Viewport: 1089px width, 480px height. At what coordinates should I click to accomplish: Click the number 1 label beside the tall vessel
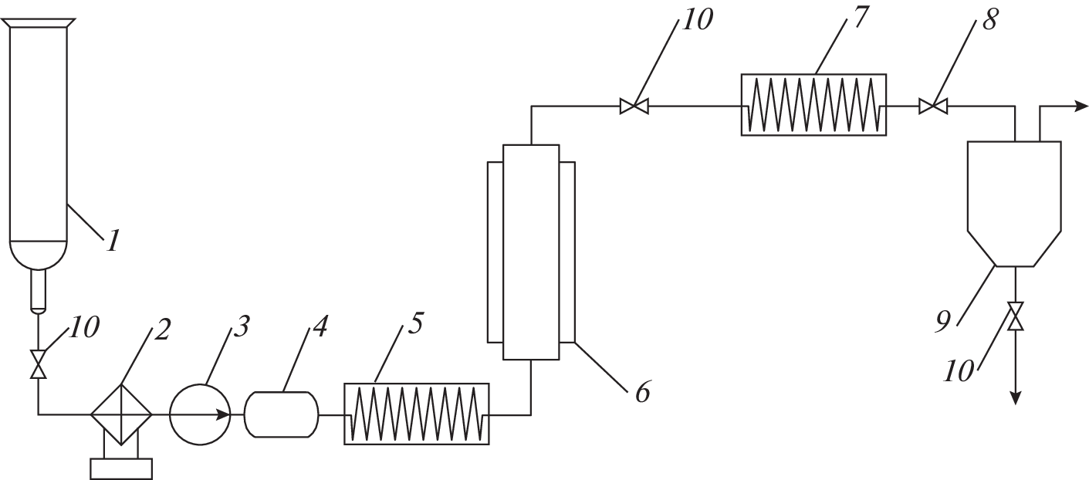click(113, 242)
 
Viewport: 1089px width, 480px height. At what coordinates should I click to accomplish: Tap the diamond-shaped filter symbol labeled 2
click(121, 414)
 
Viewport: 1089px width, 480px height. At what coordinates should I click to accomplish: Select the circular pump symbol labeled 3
click(199, 414)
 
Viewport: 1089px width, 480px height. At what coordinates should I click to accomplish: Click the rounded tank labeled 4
click(281, 414)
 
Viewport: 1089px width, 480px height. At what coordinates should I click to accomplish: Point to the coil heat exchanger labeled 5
click(416, 414)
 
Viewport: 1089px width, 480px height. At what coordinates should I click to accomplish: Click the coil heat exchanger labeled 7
click(813, 105)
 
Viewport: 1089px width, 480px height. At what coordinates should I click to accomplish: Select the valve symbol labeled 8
click(933, 106)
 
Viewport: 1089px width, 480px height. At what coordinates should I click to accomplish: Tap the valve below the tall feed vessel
click(38, 363)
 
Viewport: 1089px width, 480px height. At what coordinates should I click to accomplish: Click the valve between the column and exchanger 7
click(634, 106)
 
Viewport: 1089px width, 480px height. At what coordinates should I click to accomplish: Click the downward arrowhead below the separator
click(1016, 397)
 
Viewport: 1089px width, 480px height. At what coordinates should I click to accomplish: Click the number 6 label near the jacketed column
click(643, 393)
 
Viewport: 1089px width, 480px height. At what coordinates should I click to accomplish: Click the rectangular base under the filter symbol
click(121, 469)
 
